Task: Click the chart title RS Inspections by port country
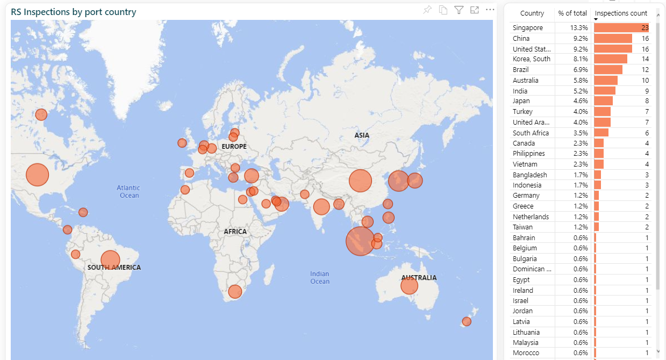74,12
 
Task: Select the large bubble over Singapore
360,241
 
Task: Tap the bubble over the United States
37,175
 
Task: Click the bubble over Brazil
110,260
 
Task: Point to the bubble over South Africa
235,292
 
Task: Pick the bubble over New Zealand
467,321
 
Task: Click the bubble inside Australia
409,286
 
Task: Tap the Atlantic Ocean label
128,191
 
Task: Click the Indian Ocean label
320,277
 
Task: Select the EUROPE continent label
234,147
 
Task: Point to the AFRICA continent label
235,232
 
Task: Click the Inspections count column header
621,13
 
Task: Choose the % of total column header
572,13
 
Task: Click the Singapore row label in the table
528,28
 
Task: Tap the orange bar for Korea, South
611,59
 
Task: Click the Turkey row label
522,111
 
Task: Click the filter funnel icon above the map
459,10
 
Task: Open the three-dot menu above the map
490,10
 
